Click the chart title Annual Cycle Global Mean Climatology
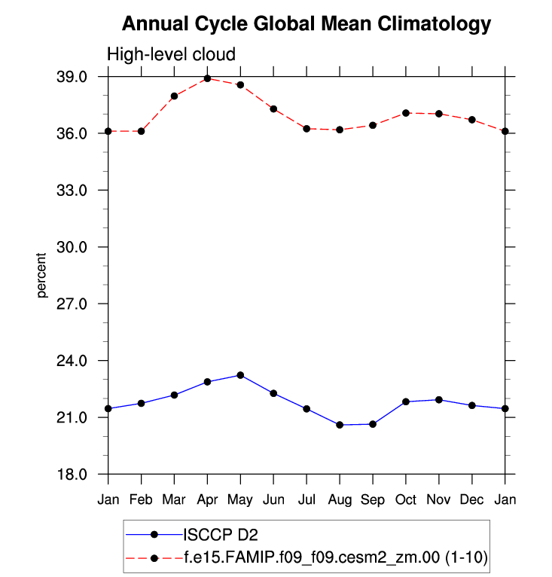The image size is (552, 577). [306, 24]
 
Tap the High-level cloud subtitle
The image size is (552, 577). [171, 54]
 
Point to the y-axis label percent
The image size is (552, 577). [42, 276]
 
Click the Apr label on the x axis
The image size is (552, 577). [207, 500]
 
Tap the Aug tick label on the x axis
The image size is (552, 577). [340, 500]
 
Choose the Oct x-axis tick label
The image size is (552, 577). [406, 500]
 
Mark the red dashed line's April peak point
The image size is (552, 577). [207, 78]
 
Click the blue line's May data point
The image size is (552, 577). [240, 375]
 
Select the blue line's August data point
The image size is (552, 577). [340, 425]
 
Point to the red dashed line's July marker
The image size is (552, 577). [306, 129]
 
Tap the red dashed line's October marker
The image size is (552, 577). [406, 113]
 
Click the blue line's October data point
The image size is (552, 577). [406, 401]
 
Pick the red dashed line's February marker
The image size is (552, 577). [142, 131]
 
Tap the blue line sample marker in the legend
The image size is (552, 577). [154, 534]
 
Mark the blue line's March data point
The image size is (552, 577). [174, 395]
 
